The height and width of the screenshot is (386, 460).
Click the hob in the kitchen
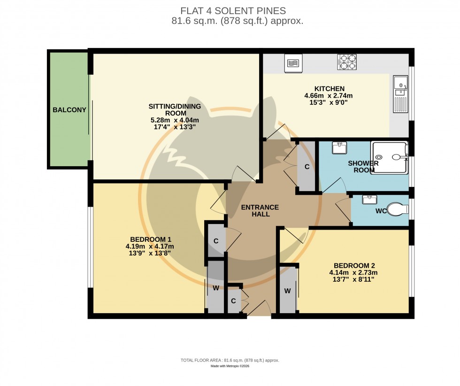pyautogui.click(x=347, y=62)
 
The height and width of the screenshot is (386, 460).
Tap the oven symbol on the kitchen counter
pyautogui.click(x=293, y=64)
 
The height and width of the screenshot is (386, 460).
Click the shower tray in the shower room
pyautogui.click(x=389, y=157)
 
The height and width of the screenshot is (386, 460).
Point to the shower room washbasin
pyautogui.click(x=339, y=148)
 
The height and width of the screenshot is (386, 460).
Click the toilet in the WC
pyautogui.click(x=397, y=209)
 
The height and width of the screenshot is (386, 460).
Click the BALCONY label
pyautogui.click(x=69, y=110)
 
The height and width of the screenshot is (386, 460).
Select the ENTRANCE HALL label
pyautogui.click(x=260, y=210)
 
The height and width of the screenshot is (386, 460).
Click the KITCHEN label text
pyautogui.click(x=330, y=89)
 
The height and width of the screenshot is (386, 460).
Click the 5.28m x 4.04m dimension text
pyautogui.click(x=172, y=120)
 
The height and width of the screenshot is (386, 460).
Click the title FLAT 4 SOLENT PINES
pyautogui.click(x=233, y=11)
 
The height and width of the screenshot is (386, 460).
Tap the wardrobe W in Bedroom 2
pyautogui.click(x=288, y=290)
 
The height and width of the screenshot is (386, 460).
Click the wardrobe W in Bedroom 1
pyautogui.click(x=216, y=287)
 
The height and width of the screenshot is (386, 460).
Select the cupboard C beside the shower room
pyautogui.click(x=307, y=166)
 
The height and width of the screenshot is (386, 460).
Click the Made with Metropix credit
pyautogui.click(x=230, y=366)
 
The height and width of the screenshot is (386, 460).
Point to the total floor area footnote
pyautogui.click(x=230, y=360)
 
